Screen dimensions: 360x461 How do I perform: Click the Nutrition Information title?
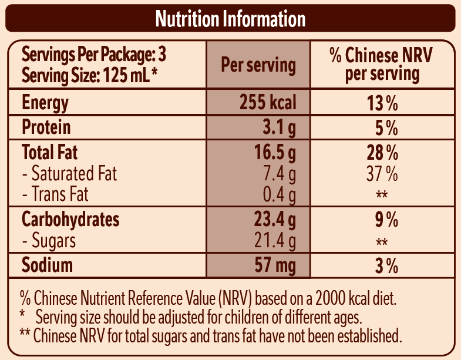pyautogui.click(x=230, y=19)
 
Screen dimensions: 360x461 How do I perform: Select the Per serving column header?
pyautogui.click(x=258, y=65)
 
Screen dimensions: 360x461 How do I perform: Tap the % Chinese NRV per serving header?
pyautogui.click(x=381, y=65)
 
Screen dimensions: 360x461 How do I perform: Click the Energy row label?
pyautogui.click(x=45, y=103)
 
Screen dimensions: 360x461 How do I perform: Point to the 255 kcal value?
pyautogui.click(x=267, y=103)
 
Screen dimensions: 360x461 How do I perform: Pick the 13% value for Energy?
pyautogui.click(x=382, y=104)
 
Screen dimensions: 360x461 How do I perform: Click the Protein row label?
pyautogui.click(x=46, y=127)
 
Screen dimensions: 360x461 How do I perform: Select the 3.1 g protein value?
pyautogui.click(x=276, y=127)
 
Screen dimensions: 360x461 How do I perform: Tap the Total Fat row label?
pyautogui.click(x=50, y=153)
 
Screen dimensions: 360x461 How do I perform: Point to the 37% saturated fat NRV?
pyautogui.click(x=382, y=174)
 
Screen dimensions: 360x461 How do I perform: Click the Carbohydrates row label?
pyautogui.click(x=70, y=220)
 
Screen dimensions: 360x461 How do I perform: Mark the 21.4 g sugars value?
pyautogui.click(x=272, y=240)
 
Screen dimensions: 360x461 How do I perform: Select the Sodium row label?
pyautogui.click(x=48, y=265)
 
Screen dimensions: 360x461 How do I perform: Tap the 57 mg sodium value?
pyautogui.click(x=275, y=265)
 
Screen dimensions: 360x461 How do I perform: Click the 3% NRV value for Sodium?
pyautogui.click(x=386, y=265)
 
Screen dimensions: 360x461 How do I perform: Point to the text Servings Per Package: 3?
pyautogui.click(x=94, y=55)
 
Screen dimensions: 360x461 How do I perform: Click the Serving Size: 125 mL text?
pyautogui.click(x=88, y=75)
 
